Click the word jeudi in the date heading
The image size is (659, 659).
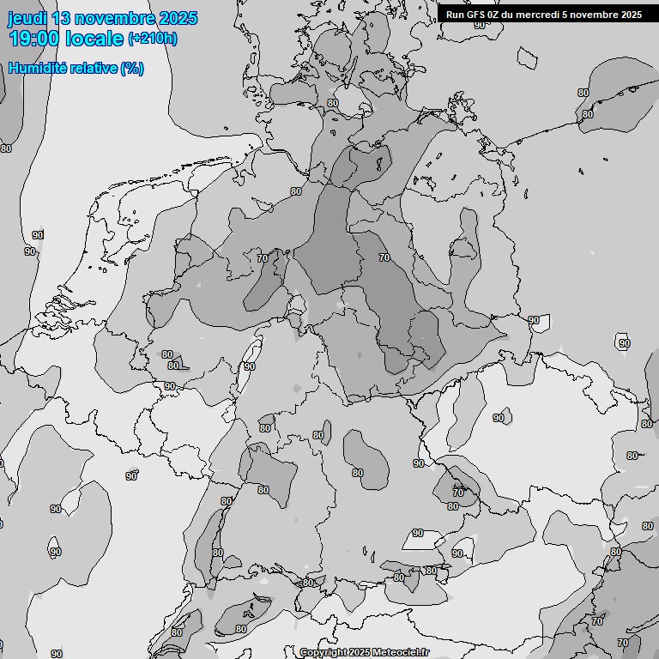pyautogui.click(x=27, y=18)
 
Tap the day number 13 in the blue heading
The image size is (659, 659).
pyautogui.click(x=62, y=18)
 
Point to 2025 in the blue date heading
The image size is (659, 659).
pyautogui.click(x=178, y=18)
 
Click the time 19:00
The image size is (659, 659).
pyautogui.click(x=34, y=39)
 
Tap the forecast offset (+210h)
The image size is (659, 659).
pyautogui.click(x=153, y=39)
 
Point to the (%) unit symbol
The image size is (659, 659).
pyautogui.click(x=132, y=69)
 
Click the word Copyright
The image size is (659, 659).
pyautogui.click(x=323, y=653)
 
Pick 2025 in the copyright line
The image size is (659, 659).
pyautogui.click(x=360, y=653)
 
